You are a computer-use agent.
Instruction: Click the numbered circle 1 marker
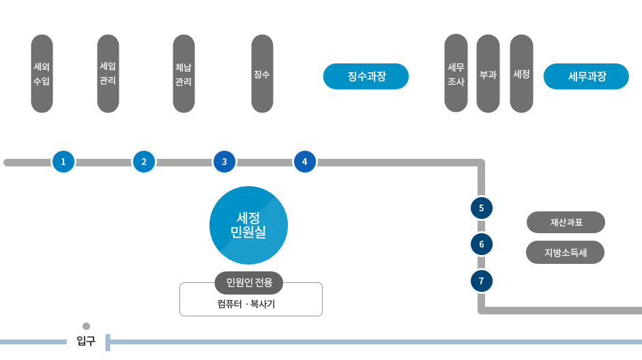(x=63, y=162)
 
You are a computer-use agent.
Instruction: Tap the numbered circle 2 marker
(x=144, y=162)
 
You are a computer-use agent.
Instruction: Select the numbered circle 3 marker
(x=224, y=162)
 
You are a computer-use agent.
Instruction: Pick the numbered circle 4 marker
(x=305, y=162)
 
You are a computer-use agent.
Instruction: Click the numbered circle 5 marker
(x=482, y=207)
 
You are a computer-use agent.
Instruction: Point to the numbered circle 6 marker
(x=482, y=244)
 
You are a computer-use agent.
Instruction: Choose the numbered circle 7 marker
(x=482, y=280)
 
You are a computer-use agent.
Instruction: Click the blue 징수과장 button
(x=366, y=76)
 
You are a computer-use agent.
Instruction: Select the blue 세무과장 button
(x=585, y=76)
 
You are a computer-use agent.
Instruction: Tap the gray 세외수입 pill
(x=42, y=74)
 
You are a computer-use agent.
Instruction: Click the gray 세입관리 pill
(x=108, y=74)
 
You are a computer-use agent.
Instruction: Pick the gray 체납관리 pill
(x=184, y=74)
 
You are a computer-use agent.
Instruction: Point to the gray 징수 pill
(x=262, y=74)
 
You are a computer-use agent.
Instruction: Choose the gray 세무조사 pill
(x=456, y=74)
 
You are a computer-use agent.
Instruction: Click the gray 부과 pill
(x=488, y=74)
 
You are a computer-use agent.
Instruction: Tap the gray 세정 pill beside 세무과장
(x=521, y=74)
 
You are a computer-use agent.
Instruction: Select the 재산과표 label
(x=566, y=222)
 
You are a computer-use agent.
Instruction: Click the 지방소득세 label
(x=565, y=252)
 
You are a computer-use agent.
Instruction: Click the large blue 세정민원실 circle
(x=248, y=225)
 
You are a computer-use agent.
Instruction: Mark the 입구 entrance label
(x=86, y=340)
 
